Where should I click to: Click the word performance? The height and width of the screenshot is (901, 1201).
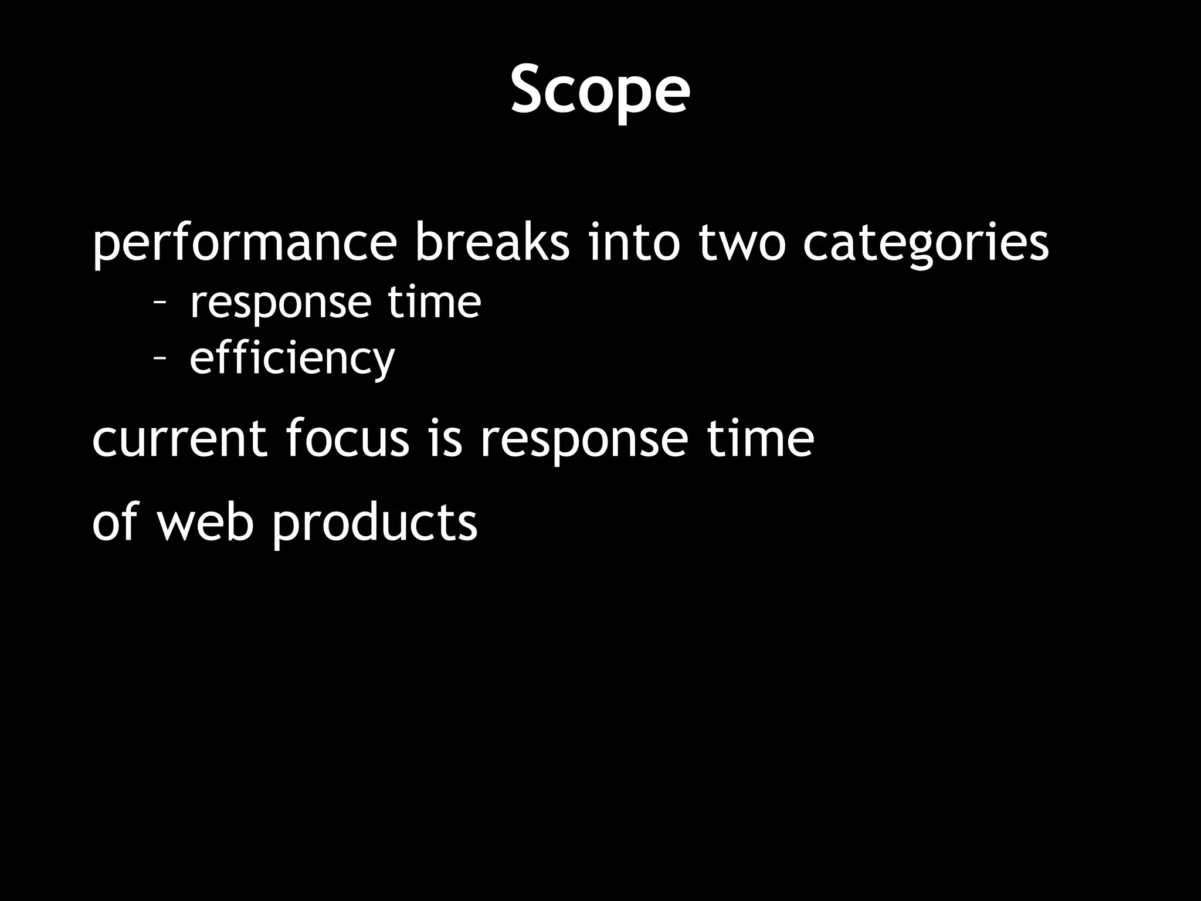(245, 243)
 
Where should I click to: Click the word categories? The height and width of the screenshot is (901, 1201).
(925, 243)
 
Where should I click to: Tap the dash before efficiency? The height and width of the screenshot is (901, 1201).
(159, 358)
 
